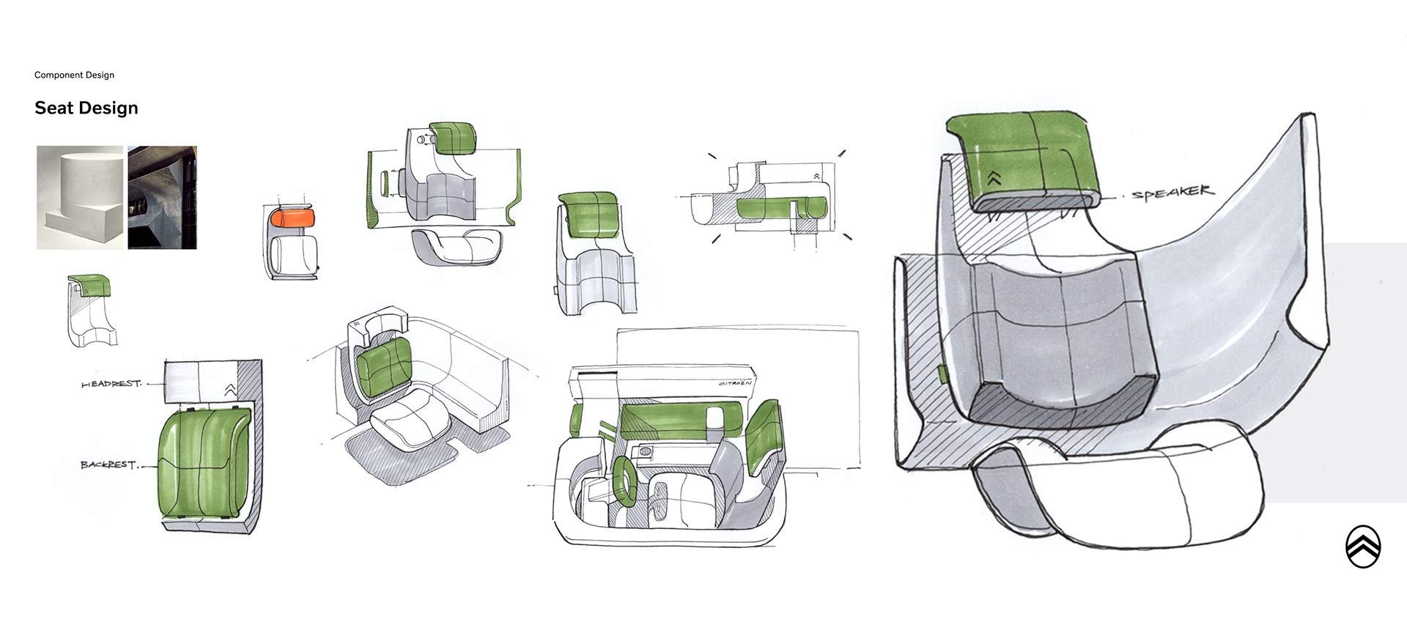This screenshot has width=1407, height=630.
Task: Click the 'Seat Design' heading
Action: [x=86, y=108]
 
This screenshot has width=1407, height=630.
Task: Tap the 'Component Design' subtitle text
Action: [x=74, y=75]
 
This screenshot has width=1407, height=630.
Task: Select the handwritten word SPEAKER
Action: [x=1172, y=193]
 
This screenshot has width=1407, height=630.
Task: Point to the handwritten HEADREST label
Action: [x=111, y=384]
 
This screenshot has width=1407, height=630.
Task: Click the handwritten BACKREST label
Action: [x=108, y=464]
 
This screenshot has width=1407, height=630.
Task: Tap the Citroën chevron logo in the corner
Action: [x=1363, y=546]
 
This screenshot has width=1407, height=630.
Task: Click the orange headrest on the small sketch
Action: [x=292, y=218]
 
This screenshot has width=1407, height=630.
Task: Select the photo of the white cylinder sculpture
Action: [x=81, y=198]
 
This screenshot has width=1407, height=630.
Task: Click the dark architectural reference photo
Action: [x=162, y=198]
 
